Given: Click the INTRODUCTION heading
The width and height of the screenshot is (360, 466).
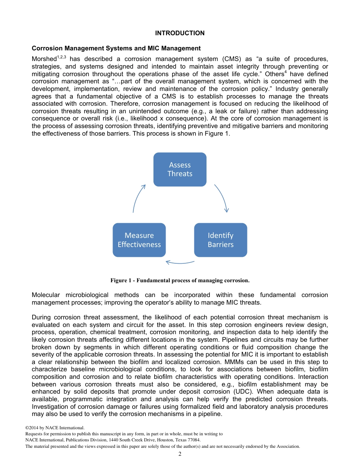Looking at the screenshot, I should [180, 33].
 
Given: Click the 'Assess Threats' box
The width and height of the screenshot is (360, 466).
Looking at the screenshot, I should [180, 169].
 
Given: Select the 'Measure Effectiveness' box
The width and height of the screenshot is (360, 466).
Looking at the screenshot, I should [139, 240].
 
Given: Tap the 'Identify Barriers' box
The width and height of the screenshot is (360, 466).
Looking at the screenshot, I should [221, 240].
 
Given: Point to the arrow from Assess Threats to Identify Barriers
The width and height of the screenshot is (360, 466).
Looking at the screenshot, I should [222, 198].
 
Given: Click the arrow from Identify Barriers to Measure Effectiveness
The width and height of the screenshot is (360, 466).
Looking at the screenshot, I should [180, 262].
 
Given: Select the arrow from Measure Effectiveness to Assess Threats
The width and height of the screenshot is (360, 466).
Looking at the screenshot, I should [138, 198].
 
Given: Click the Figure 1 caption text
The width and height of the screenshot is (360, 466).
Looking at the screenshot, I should [180, 281].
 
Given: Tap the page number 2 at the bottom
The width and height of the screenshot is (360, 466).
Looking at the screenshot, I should [180, 454].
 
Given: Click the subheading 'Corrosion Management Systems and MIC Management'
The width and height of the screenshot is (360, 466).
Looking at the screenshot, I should [116, 48].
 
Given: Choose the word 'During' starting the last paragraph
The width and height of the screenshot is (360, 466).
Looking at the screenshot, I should [41, 317].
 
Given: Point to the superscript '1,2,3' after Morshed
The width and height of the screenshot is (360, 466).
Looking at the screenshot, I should [62, 57].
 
